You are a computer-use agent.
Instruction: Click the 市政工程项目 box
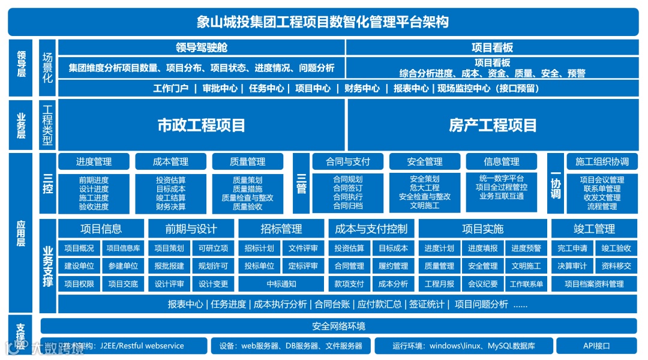202,125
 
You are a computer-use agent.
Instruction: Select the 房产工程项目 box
493,125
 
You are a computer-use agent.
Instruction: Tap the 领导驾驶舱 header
202,47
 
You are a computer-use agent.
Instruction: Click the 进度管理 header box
94,161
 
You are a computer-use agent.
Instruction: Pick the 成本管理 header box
171,161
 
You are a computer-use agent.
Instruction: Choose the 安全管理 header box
425,161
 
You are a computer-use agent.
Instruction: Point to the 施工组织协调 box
602,161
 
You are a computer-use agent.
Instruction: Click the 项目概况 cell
79,248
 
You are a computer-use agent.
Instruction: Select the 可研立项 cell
214,248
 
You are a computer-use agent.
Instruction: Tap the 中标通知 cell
281,284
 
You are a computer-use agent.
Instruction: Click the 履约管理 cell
393,266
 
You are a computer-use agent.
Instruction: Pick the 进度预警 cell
526,248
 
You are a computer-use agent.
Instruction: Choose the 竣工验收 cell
616,248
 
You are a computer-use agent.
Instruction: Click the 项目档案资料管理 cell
594,284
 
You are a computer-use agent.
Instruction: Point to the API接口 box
596,346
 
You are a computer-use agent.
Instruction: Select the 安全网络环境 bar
338,326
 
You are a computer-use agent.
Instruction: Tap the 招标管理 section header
281,229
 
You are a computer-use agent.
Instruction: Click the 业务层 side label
21,125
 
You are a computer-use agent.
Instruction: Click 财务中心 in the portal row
362,88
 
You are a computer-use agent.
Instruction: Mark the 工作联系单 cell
526,284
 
